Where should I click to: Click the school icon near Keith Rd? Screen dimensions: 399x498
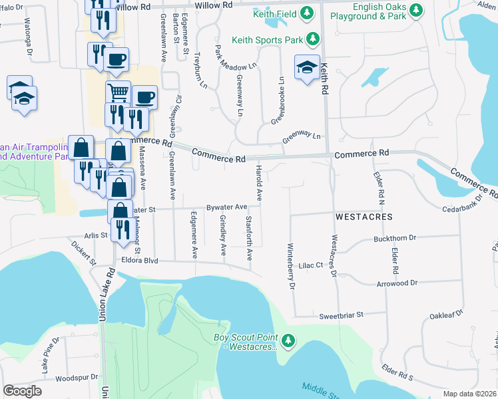[x=308, y=67]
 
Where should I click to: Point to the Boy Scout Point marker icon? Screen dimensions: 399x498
[x=288, y=341]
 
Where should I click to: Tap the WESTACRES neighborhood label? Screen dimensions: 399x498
[x=364, y=217]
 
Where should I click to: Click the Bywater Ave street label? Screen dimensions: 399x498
[x=226, y=207]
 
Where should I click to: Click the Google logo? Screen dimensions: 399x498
[x=22, y=391]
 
